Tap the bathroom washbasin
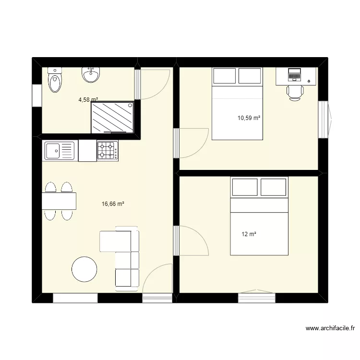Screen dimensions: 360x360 pos(91,74)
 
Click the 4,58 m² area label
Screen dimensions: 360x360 pos(88,100)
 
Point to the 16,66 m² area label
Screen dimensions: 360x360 pos(113,204)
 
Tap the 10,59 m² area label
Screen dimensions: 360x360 pos(249,117)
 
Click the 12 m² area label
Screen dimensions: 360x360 pos(249,234)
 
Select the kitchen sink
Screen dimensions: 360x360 pos(60,150)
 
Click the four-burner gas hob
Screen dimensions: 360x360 pos(108,150)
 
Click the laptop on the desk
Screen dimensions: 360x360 pos(294,74)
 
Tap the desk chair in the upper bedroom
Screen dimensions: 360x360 pos(295,92)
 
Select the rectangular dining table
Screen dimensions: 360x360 pos(59,201)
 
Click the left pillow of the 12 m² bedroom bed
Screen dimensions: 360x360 pos(245,187)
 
